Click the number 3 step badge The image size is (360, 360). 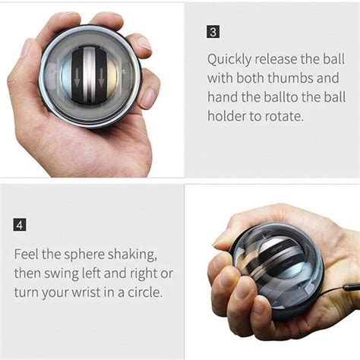click(214, 33)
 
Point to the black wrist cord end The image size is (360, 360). click(351, 289)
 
